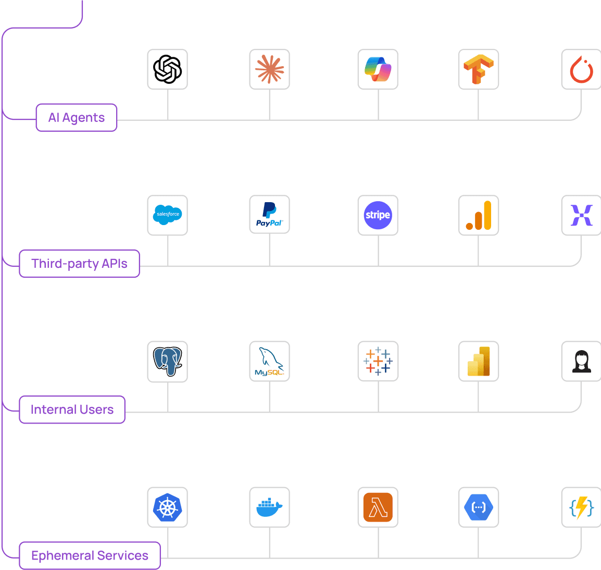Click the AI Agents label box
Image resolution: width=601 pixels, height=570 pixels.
point(77,118)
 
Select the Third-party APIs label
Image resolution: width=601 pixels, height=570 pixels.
point(79,264)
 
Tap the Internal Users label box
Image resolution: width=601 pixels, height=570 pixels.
point(72,410)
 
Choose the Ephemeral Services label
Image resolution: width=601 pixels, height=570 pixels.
point(90,555)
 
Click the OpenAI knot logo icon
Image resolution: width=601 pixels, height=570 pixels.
point(167,69)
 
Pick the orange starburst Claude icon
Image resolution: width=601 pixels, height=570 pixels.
point(269,69)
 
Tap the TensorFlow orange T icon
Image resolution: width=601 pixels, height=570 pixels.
point(479,69)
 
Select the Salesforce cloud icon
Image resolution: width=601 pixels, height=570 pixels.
point(167,215)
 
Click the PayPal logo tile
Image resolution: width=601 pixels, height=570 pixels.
point(269,215)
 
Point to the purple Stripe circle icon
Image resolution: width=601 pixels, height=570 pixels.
point(378,215)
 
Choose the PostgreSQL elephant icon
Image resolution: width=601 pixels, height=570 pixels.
point(167,361)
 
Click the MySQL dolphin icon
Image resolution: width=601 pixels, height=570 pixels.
point(269,361)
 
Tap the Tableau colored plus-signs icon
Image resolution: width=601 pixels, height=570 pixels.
point(378,361)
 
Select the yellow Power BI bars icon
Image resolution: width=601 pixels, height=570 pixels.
point(479,361)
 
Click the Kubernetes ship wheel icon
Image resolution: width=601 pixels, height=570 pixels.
point(167,507)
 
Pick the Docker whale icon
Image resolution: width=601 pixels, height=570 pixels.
point(269,507)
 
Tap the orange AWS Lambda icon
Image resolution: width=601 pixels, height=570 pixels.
point(378,507)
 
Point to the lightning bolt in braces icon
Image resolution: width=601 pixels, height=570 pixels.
point(581,507)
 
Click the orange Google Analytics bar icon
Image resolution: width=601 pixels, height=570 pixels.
point(479,215)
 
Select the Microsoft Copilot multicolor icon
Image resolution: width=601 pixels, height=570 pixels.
point(378,69)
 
